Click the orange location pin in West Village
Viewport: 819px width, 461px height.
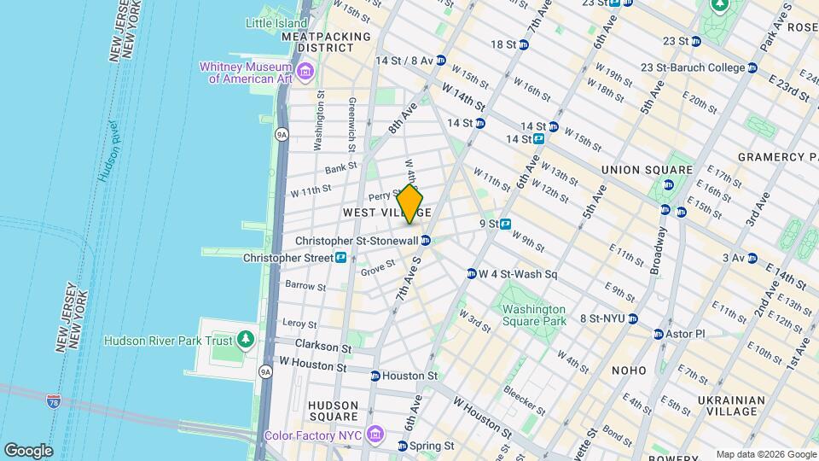[409, 205]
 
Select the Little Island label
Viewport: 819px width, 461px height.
[276, 23]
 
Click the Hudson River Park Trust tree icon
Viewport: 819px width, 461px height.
[247, 341]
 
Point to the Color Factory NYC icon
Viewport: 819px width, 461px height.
[374, 435]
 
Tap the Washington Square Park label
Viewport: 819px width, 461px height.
[534, 315]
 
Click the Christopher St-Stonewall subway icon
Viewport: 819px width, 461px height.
[426, 241]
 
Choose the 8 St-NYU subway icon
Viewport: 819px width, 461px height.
[632, 318]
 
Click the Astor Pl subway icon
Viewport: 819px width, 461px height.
[659, 334]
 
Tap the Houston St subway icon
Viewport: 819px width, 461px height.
[375, 376]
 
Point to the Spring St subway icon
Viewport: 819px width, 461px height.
[402, 446]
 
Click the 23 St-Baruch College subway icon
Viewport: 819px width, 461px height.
[752, 67]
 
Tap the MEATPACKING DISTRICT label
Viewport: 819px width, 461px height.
[326, 44]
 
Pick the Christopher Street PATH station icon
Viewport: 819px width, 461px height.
[340, 257]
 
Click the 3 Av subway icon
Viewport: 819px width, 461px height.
[752, 258]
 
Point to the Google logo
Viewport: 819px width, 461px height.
[28, 450]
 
